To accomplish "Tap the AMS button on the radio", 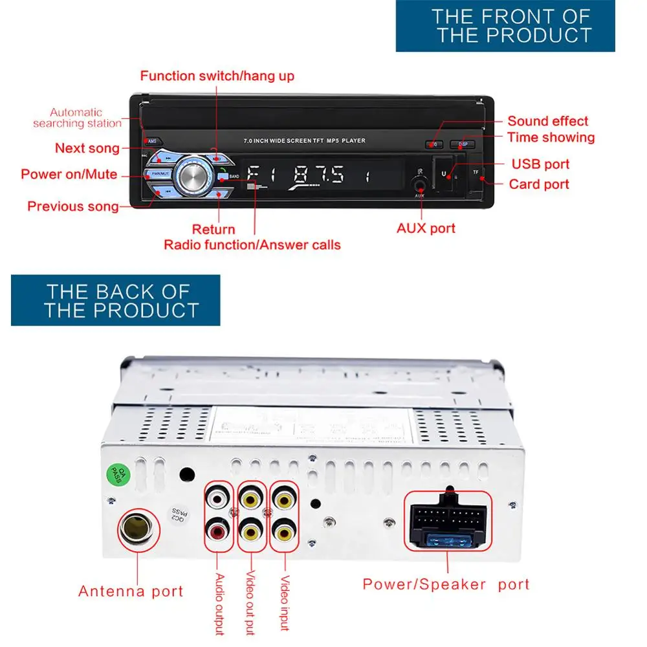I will (x=153, y=141).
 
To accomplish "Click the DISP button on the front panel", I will (x=463, y=144).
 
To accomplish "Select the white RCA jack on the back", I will (x=215, y=499).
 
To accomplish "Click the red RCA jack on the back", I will (x=215, y=532).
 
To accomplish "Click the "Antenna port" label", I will (x=131, y=591).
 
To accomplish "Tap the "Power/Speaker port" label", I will (x=446, y=584).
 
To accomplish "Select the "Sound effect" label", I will (x=547, y=121).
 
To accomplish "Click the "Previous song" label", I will (x=73, y=206).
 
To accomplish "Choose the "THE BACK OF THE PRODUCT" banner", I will (x=115, y=300).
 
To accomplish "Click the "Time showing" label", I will (x=551, y=137).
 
